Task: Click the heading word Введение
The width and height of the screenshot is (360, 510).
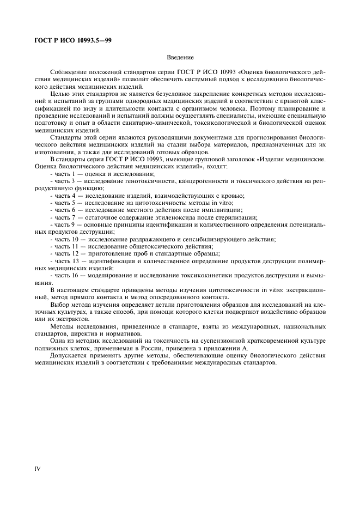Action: click(x=180, y=57)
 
